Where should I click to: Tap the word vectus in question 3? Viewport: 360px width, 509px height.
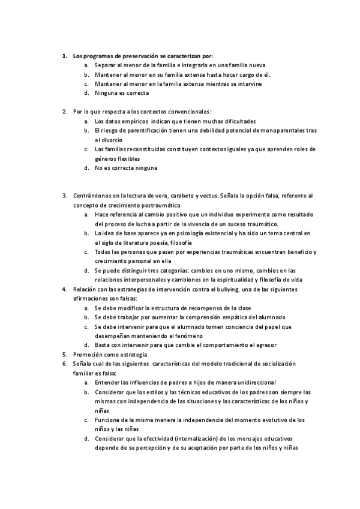tap(206, 196)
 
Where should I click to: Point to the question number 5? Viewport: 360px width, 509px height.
tap(64, 355)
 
